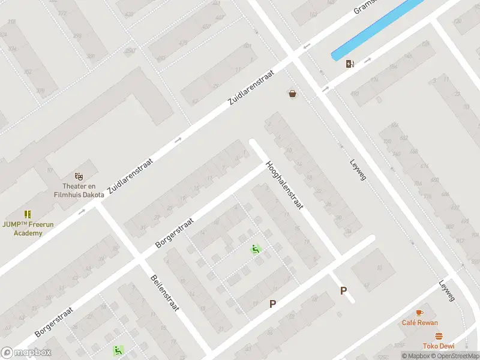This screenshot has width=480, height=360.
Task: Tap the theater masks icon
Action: (78, 176)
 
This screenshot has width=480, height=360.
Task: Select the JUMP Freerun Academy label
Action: (28, 229)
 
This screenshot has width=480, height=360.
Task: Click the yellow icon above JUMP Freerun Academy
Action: (28, 214)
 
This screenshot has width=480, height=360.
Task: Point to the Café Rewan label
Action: (419, 323)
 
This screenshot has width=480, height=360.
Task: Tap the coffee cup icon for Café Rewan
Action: (419, 313)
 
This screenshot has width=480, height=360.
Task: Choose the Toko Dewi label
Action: (439, 346)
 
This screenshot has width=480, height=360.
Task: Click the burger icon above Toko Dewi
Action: (439, 336)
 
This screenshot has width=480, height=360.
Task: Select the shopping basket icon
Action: (292, 94)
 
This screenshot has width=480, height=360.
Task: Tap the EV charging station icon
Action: (350, 64)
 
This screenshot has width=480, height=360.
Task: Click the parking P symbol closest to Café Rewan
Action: (344, 291)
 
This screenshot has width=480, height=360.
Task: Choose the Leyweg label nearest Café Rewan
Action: (447, 291)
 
